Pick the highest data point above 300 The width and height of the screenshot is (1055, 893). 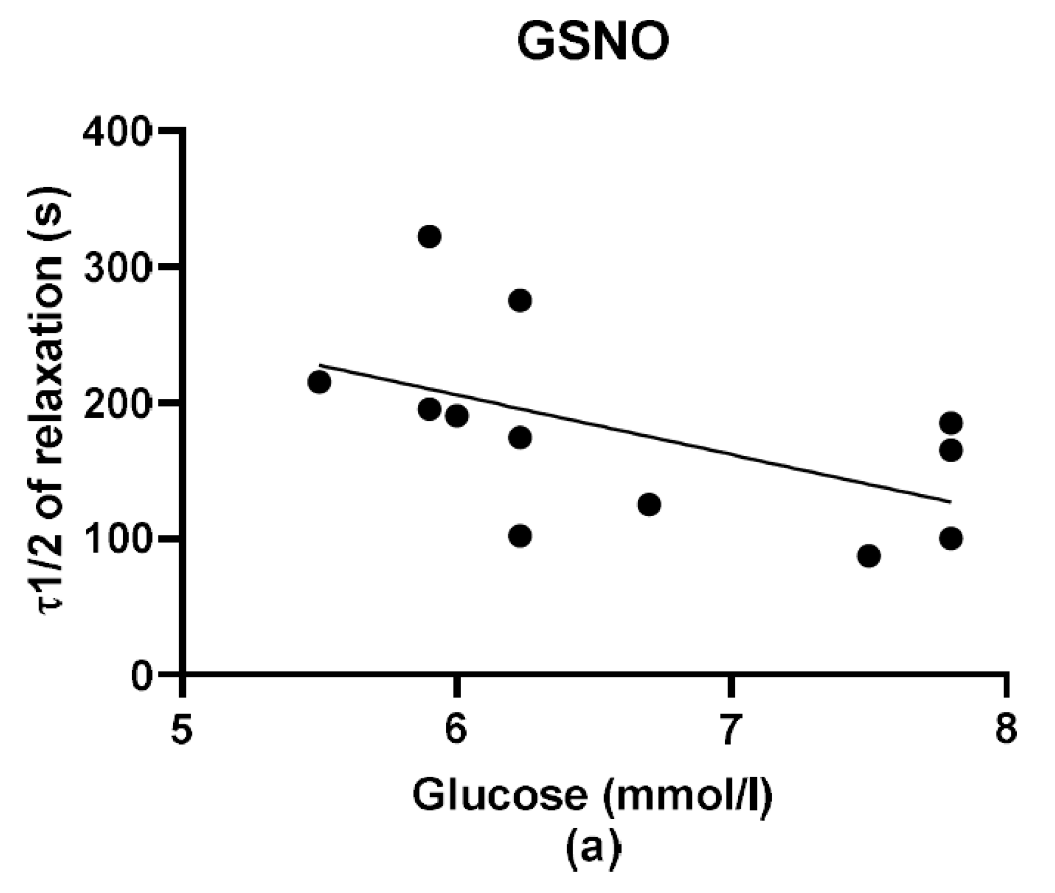pyautogui.click(x=429, y=237)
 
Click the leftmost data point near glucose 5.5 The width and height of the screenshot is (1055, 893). pyautogui.click(x=319, y=382)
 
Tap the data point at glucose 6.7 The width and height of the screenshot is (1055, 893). pyautogui.click(x=649, y=504)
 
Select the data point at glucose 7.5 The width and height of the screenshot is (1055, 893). pyautogui.click(x=869, y=556)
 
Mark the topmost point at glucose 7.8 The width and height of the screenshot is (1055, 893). pyautogui.click(x=951, y=423)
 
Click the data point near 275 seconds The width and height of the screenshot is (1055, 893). pyautogui.click(x=520, y=301)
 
